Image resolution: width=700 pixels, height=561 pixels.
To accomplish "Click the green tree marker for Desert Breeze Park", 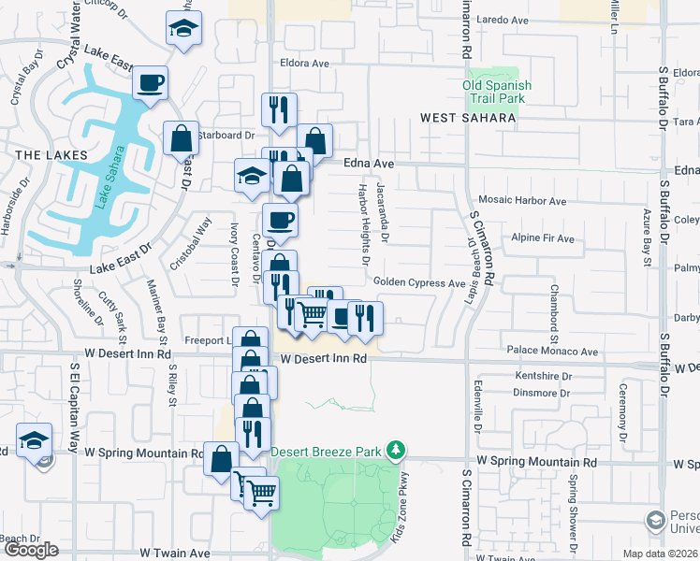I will coord(397,451).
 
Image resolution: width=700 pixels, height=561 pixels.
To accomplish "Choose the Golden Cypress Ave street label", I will coord(418,283).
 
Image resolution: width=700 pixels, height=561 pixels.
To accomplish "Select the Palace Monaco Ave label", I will coord(550,352).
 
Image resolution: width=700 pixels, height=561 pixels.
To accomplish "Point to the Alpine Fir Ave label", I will coord(543,238).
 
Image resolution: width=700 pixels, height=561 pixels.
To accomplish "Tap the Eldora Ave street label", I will coord(305,65).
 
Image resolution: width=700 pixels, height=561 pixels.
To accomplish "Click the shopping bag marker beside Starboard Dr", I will coord(181,139).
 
